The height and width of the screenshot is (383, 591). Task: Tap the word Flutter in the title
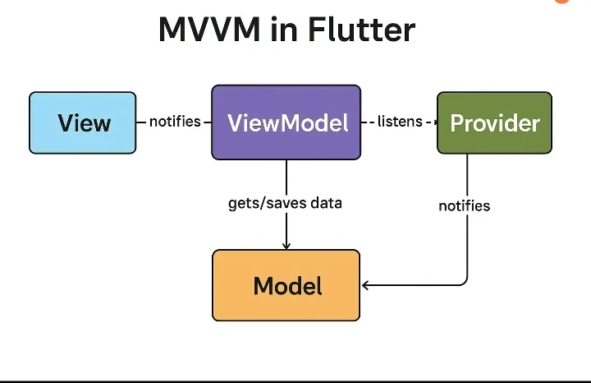click(x=361, y=30)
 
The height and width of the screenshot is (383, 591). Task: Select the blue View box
click(x=83, y=122)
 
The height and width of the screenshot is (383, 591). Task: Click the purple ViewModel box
click(x=286, y=122)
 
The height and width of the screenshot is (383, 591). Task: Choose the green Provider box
click(x=494, y=122)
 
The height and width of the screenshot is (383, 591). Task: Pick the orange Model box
click(x=286, y=285)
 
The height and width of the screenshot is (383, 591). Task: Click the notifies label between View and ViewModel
click(x=175, y=122)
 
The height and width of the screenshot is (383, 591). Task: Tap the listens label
click(x=400, y=122)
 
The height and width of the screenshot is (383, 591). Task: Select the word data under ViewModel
click(x=326, y=203)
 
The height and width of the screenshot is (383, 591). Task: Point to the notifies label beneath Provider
click(x=465, y=205)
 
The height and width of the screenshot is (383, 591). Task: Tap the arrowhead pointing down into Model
click(x=286, y=245)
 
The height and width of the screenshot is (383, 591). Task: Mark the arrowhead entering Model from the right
click(x=366, y=285)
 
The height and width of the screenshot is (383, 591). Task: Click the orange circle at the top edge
click(x=561, y=2)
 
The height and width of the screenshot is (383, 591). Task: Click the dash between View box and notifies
click(x=142, y=122)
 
